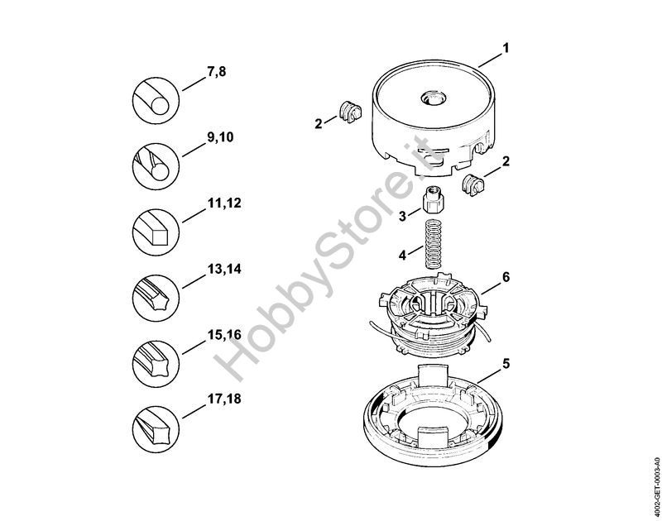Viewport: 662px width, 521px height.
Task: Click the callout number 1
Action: click(506, 48)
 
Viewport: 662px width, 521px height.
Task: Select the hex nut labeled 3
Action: click(434, 201)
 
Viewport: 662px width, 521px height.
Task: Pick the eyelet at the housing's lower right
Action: click(473, 184)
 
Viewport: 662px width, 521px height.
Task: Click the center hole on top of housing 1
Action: click(433, 99)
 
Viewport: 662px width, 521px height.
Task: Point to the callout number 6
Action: click(506, 277)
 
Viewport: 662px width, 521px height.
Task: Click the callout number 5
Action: click(506, 363)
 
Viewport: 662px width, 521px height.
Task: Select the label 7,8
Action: click(217, 72)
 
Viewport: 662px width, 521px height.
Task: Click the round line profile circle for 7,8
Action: click(156, 100)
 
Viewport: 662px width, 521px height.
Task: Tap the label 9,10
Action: click(220, 138)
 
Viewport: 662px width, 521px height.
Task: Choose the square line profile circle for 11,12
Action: click(156, 232)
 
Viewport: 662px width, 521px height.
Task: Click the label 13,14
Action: click(224, 269)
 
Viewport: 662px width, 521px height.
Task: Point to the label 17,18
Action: click(224, 399)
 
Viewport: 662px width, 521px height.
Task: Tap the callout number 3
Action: click(403, 216)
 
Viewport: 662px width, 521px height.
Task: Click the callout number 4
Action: click(403, 255)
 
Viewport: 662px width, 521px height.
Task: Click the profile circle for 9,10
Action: click(156, 166)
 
